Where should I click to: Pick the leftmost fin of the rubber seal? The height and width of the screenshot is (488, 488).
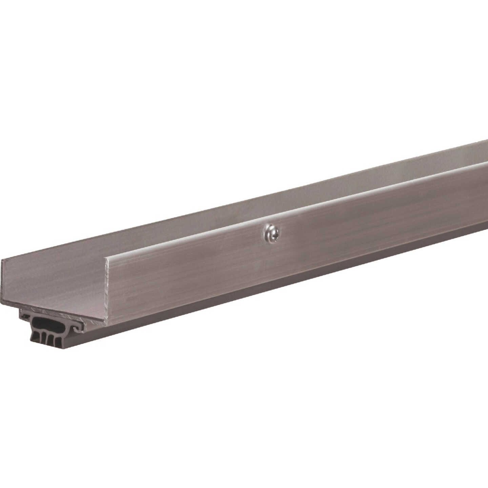35,337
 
